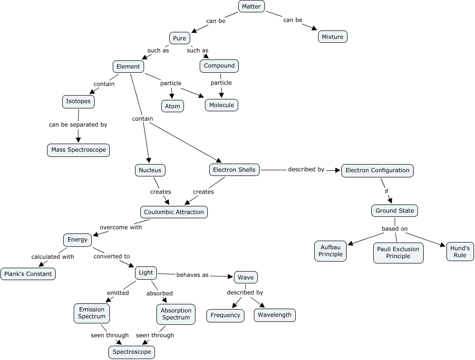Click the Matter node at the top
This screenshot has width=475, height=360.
(x=251, y=6)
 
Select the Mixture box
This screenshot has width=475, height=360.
(x=332, y=37)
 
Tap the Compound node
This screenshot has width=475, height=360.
(x=219, y=66)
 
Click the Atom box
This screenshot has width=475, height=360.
(x=172, y=106)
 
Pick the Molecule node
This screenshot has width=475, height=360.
(x=221, y=105)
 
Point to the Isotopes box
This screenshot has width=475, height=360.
(x=78, y=101)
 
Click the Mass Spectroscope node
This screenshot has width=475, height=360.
(x=78, y=150)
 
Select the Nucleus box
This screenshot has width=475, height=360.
(x=150, y=170)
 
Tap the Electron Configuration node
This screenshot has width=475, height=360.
(x=377, y=170)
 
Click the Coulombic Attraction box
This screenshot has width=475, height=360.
(x=174, y=212)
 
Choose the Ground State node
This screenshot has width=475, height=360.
(x=395, y=210)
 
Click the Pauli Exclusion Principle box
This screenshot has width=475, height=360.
(x=398, y=253)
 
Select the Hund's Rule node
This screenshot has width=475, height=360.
(x=460, y=252)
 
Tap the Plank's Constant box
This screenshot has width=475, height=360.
(x=28, y=274)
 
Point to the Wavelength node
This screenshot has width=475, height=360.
(x=275, y=315)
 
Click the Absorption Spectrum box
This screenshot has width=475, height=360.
(x=175, y=314)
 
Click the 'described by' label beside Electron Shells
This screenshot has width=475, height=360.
(x=306, y=169)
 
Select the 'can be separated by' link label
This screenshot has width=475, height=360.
(x=78, y=125)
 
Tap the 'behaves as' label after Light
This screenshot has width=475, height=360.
(x=192, y=275)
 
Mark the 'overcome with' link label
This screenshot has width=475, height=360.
(x=121, y=227)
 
